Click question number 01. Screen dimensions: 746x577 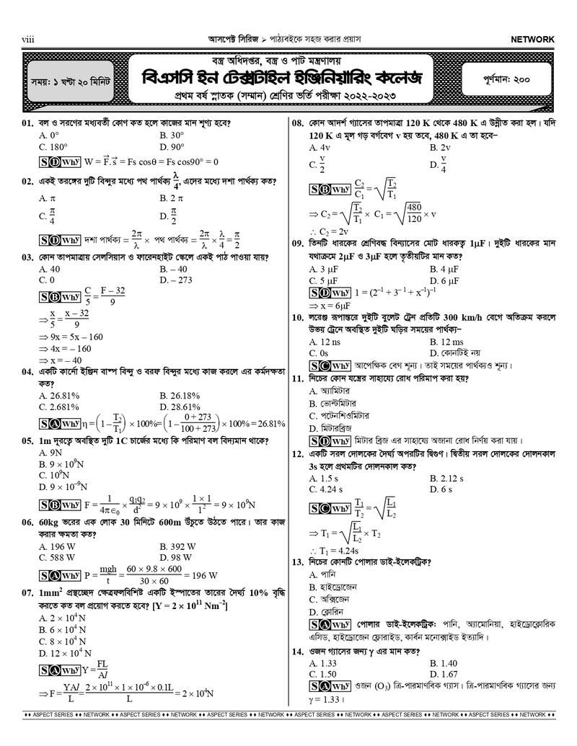coord(27,123)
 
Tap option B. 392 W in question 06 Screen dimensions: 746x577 coord(179,546)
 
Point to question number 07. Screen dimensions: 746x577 coord(27,593)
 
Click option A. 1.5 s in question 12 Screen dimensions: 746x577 coord(324,479)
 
